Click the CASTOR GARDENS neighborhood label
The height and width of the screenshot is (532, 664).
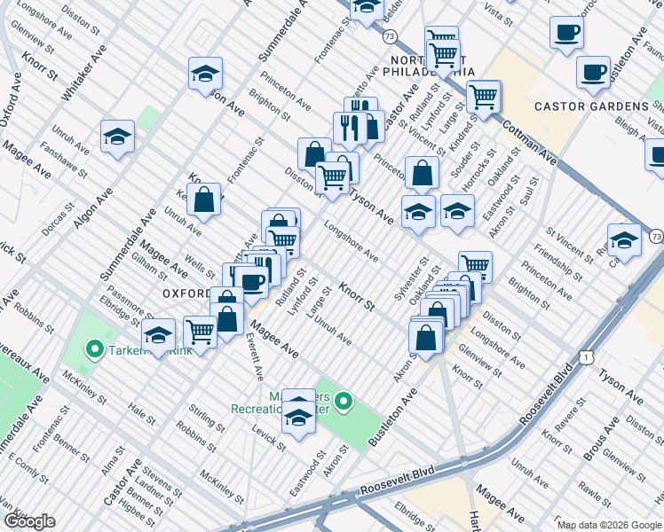tap(591, 106)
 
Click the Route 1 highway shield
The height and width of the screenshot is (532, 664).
tap(586, 356)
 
